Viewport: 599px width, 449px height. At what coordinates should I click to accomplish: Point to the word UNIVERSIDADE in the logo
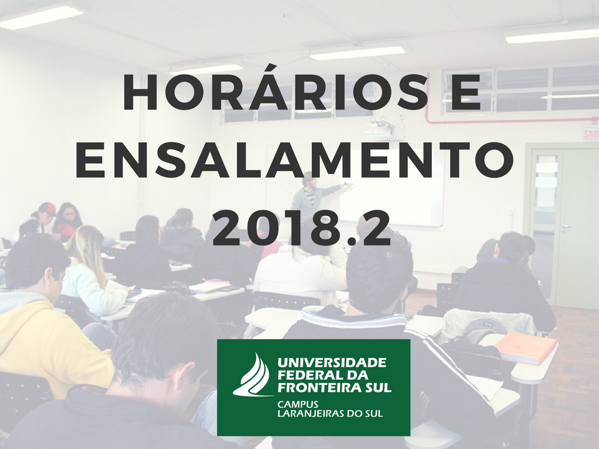point(332,362)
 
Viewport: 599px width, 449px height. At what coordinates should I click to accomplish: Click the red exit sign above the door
point(591,134)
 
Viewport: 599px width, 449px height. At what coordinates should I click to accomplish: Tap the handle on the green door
point(564,227)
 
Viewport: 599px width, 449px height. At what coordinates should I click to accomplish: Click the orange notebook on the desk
point(525,347)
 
